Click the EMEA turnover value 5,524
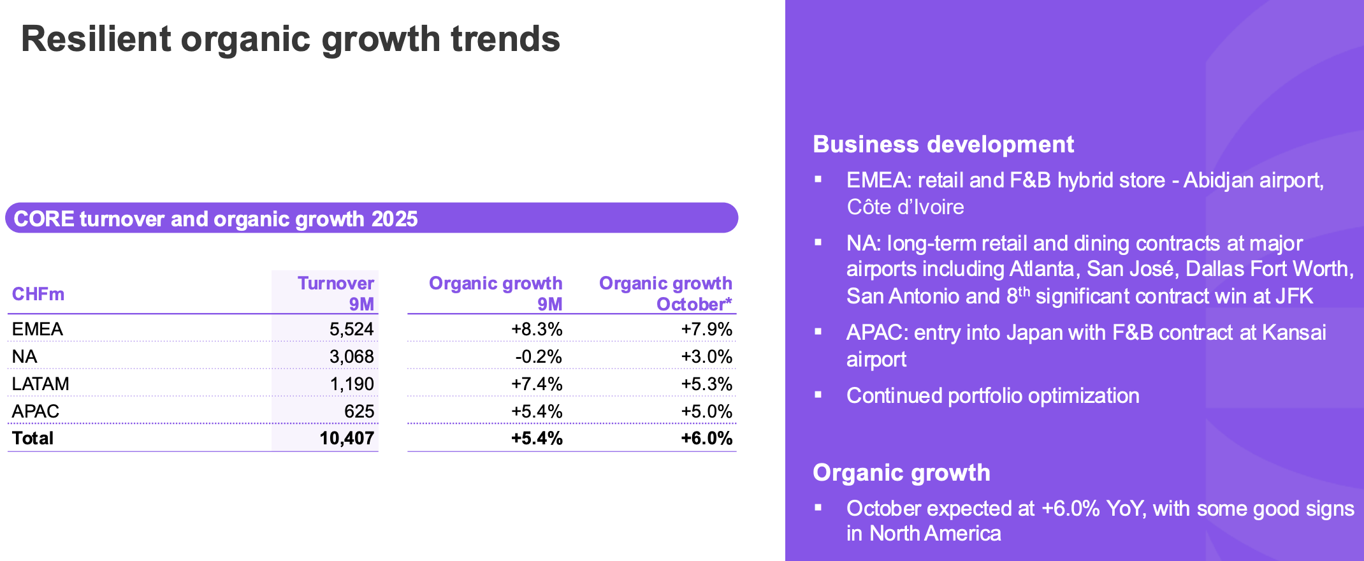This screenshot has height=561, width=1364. [x=351, y=329]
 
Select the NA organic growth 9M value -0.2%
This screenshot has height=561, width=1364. [x=538, y=356]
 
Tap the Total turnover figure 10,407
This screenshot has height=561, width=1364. [x=346, y=438]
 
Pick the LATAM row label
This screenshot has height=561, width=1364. [x=40, y=384]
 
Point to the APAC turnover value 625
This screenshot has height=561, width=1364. [x=359, y=411]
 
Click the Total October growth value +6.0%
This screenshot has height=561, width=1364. [x=706, y=438]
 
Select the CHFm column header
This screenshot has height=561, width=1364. [x=38, y=294]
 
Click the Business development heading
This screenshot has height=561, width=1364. [x=943, y=145]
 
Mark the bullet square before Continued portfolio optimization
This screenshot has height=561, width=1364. [x=818, y=395]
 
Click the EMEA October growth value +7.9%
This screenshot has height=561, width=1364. [x=706, y=329]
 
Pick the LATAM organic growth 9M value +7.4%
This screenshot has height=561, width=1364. [x=537, y=384]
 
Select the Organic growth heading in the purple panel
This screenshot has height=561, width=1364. [x=901, y=473]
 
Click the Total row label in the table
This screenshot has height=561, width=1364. [x=33, y=438]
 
